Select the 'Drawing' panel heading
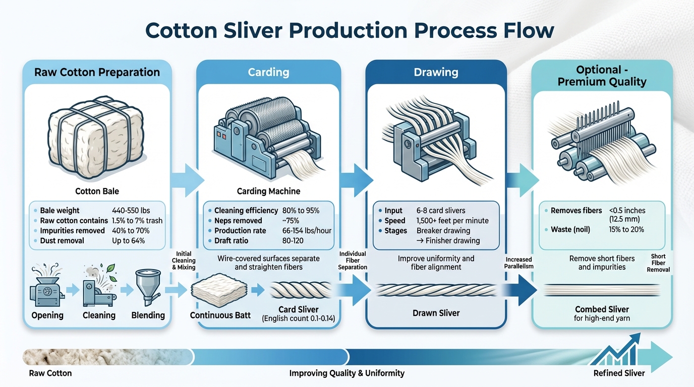click(x=436, y=72)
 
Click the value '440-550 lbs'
click(x=131, y=211)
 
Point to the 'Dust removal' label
click(x=62, y=241)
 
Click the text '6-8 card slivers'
click(x=441, y=211)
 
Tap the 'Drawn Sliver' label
click(x=436, y=313)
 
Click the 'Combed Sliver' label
click(x=602, y=309)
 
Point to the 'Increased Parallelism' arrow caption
click(x=518, y=263)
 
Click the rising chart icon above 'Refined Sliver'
click(x=615, y=350)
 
